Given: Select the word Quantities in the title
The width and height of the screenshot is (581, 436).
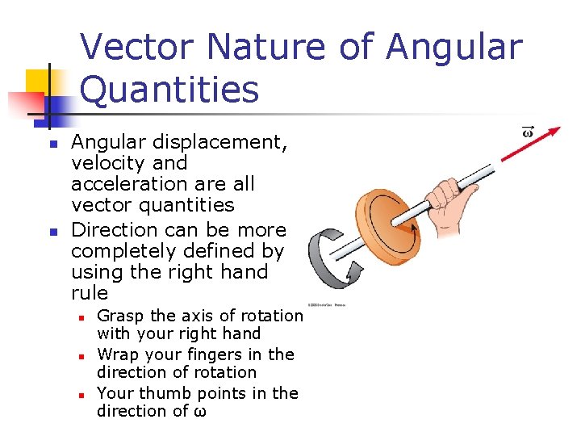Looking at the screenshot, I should pyautogui.click(x=170, y=90).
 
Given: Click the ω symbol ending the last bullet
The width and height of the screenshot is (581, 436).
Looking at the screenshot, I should pyautogui.click(x=200, y=412).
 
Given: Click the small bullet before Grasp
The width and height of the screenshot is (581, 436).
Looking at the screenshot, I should pyautogui.click(x=82, y=317).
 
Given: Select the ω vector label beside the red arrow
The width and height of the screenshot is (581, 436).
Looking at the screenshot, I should pyautogui.click(x=528, y=132).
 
